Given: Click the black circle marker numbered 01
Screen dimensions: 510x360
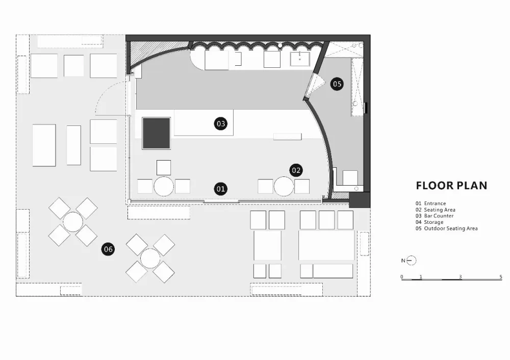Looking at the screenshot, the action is [220, 189].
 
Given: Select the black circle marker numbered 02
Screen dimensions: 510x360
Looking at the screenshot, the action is [296, 170].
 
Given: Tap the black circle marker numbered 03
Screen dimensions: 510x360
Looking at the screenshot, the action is [220, 123].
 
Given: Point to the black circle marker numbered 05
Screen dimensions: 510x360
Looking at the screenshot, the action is [337, 84].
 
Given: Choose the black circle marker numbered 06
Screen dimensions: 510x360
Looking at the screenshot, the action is [108, 249].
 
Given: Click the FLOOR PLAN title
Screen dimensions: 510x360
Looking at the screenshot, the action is [451, 186].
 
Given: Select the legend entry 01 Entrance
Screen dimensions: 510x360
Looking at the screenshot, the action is [430, 203].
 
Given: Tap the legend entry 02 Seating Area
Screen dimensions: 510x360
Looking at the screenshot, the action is [435, 210].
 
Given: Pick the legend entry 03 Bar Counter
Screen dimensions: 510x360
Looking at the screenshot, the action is [434, 216].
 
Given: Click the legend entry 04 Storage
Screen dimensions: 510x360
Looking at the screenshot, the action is [429, 222].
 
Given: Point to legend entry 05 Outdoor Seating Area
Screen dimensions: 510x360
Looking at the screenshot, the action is [447, 228].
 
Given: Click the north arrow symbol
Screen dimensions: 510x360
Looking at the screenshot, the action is [411, 261].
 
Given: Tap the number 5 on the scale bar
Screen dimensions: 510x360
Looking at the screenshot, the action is [501, 277].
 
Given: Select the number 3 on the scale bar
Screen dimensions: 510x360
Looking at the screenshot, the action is [460, 277].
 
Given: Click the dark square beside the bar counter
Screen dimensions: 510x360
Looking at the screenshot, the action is [157, 133].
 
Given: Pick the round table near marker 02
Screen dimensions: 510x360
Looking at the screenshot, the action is [284, 186].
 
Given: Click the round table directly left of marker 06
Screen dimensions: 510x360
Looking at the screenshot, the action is [73, 222].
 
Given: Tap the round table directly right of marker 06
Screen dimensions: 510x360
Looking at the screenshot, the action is [150, 258].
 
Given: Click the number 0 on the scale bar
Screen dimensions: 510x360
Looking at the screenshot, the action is [402, 277].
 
